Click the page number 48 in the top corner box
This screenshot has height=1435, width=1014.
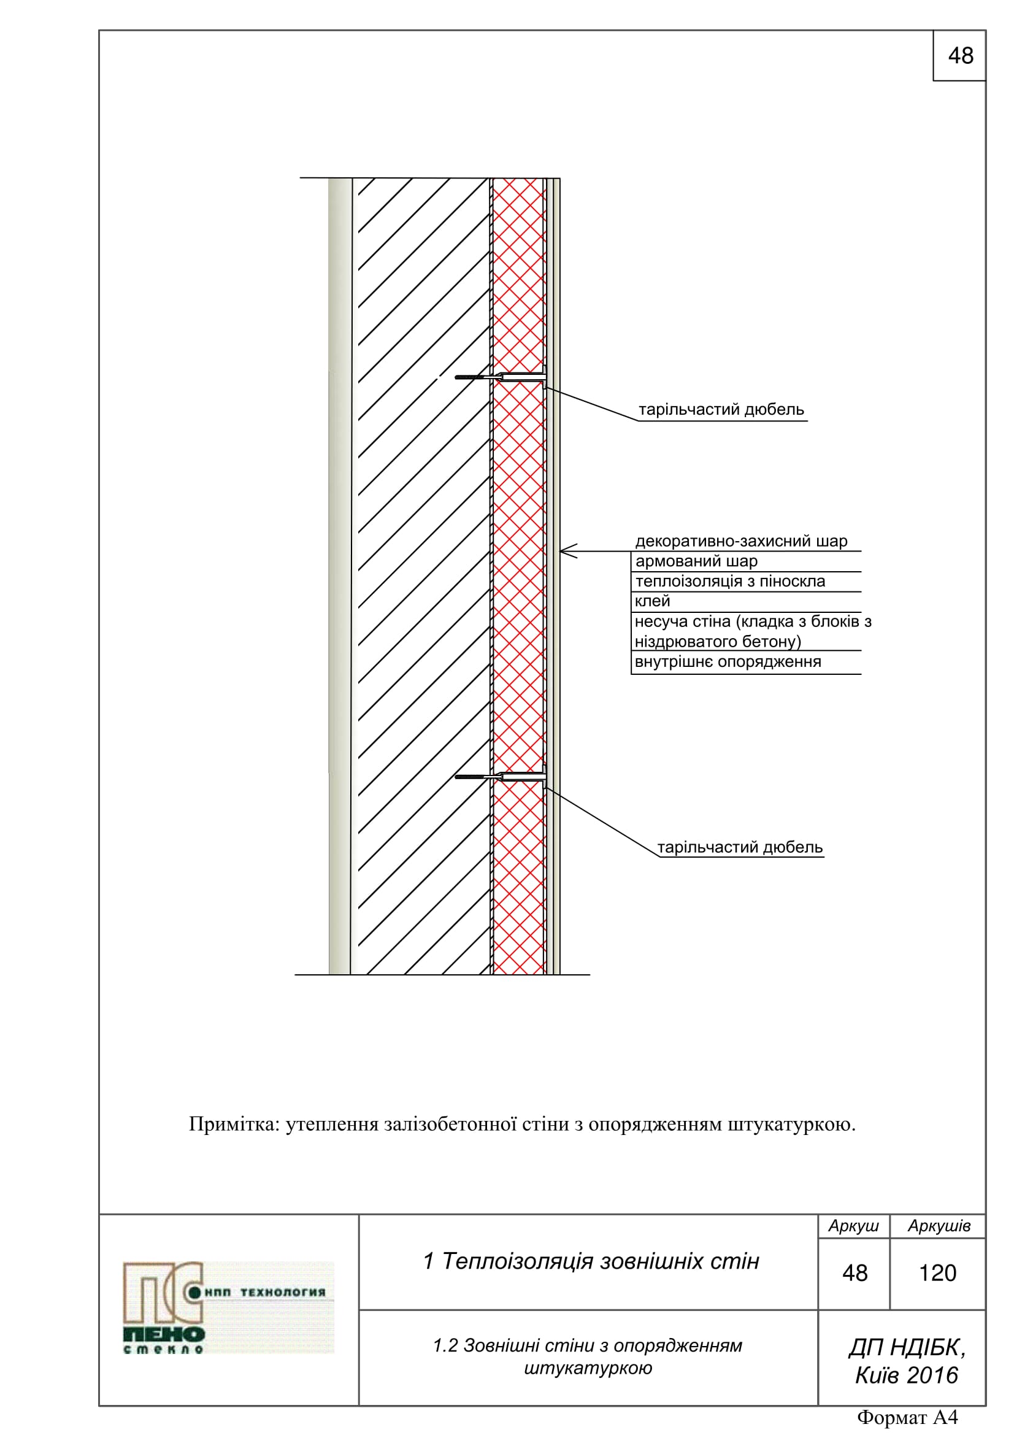point(960,56)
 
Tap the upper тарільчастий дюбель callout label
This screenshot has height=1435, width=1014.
point(721,410)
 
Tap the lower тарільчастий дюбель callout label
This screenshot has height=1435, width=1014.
point(740,847)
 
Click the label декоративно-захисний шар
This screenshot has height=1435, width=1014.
point(741,541)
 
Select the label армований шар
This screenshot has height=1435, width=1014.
point(696,561)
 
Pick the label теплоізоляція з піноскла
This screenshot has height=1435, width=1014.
point(730,581)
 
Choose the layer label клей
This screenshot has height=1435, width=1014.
point(651,601)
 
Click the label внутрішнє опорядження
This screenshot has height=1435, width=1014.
point(728,662)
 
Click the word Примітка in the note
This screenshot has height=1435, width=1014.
point(234,1125)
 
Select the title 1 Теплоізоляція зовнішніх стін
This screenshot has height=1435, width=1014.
point(590,1261)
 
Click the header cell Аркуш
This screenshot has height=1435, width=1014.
point(853,1226)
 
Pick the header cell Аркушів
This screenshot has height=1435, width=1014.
point(939,1226)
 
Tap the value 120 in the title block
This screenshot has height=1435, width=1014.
point(937,1273)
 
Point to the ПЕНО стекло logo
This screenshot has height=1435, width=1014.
point(228,1307)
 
